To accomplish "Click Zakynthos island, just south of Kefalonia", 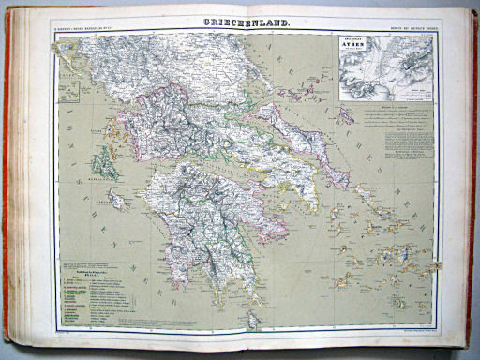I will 116,199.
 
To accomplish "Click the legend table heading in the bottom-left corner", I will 83,270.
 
